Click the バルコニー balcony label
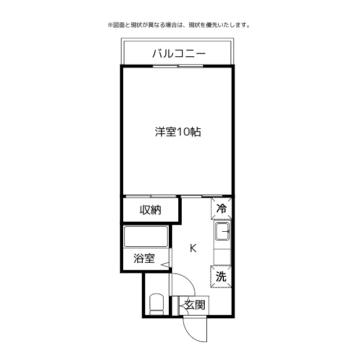178,54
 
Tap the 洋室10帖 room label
178,132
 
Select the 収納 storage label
151,210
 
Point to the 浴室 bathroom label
144,259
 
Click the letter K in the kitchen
193,248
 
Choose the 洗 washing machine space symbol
222,276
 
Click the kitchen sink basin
222,231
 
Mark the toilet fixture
156,304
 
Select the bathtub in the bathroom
146,236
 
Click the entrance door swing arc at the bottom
191,332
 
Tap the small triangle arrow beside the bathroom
165,265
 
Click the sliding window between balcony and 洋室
178,66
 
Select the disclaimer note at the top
178,25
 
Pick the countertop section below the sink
222,253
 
